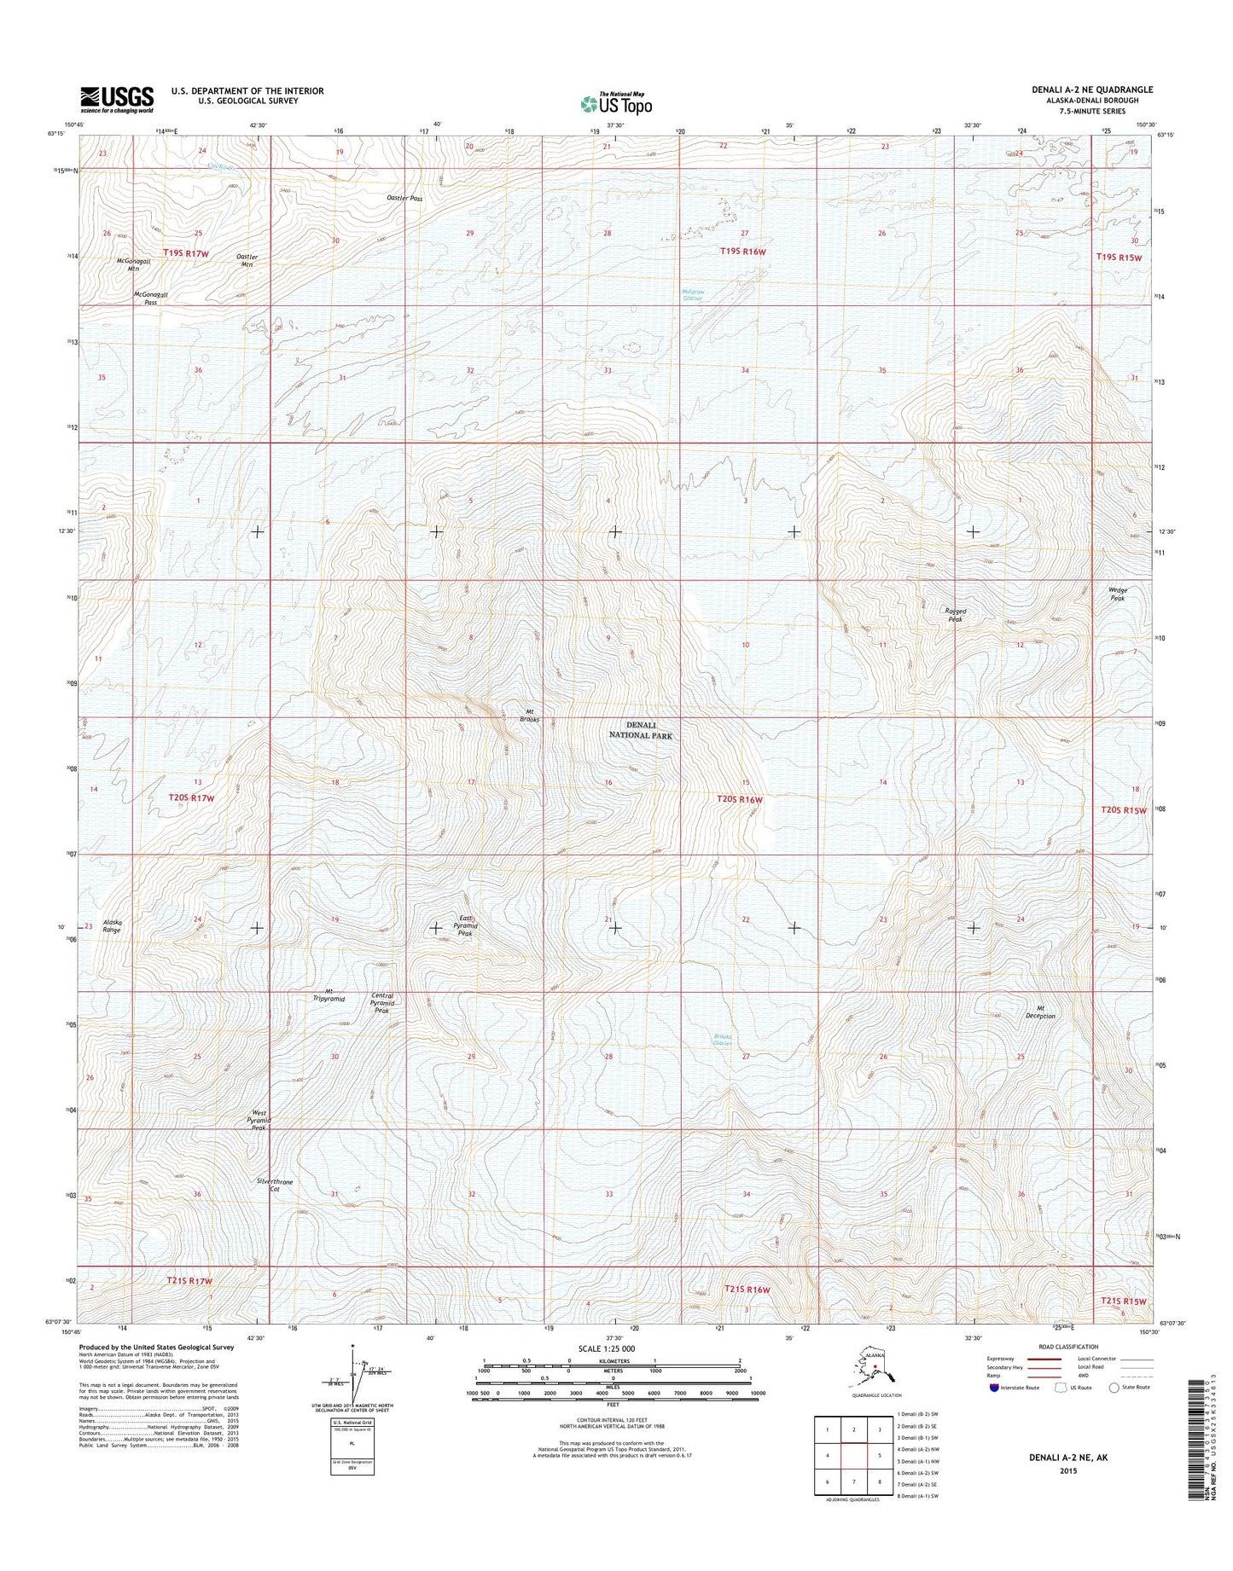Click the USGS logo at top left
point(117,99)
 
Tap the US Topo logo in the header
point(616,103)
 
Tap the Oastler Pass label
point(404,198)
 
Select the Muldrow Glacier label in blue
point(692,295)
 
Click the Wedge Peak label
point(1117,594)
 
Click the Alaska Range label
point(113,925)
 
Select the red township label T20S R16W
point(739,799)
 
